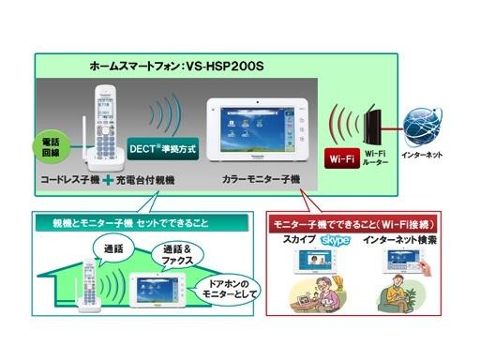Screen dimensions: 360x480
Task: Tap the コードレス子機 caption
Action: tap(71, 177)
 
